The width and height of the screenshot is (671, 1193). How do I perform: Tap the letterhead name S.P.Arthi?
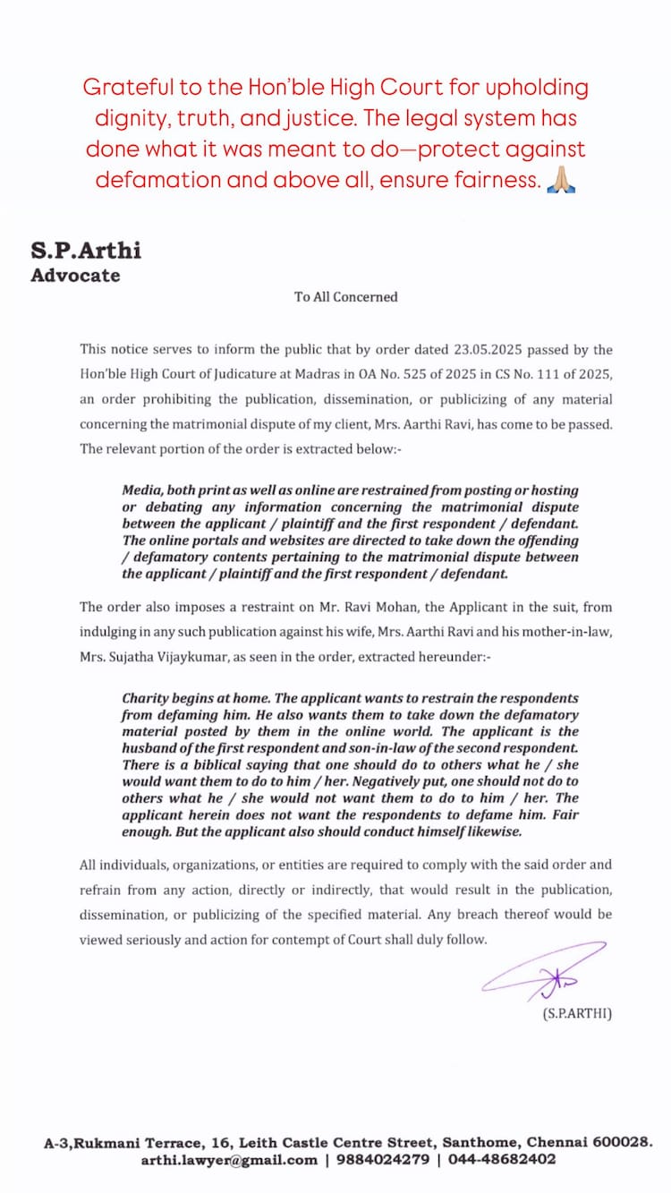[86, 250]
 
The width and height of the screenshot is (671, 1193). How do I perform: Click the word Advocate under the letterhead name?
[75, 276]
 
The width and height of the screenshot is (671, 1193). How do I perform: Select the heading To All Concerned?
[346, 296]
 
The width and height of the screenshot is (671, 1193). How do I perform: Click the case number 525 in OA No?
[442, 374]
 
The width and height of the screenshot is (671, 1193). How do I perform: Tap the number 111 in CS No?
[556, 374]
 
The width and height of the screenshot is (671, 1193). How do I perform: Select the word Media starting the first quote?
[142, 490]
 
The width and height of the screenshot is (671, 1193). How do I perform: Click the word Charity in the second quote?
[147, 698]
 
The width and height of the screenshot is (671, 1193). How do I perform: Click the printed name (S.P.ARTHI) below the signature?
[577, 1015]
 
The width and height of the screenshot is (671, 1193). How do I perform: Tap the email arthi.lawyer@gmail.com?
[229, 1159]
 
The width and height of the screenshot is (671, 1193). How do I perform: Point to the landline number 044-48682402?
[499, 1159]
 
